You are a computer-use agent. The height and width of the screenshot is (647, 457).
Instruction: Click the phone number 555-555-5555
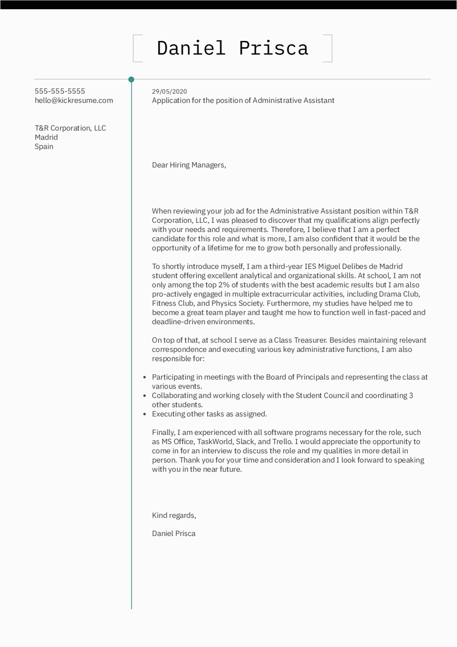[x=60, y=91]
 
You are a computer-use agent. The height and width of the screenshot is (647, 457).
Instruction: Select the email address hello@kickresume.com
[x=74, y=100]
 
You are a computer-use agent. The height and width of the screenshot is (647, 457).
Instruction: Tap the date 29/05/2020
[x=169, y=91]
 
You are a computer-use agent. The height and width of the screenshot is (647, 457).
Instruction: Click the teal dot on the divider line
[x=131, y=79]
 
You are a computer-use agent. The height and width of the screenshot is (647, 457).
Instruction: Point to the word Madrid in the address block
[x=46, y=137]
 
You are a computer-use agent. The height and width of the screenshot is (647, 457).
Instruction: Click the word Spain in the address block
[x=44, y=146]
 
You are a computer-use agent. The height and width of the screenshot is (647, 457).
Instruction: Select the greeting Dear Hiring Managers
[x=189, y=165]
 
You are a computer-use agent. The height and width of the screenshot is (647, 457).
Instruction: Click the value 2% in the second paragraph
[x=224, y=285]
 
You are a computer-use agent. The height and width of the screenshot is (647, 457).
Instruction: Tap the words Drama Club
[x=399, y=294]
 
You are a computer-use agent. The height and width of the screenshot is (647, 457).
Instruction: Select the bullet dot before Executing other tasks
[x=144, y=414]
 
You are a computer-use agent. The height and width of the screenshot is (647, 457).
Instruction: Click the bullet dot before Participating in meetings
[x=144, y=377]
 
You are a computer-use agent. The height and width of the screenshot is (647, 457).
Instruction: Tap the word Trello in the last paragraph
[x=282, y=442]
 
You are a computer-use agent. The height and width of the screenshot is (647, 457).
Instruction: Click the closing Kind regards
[x=174, y=515]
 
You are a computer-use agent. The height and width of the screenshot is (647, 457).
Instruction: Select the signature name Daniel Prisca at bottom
[x=174, y=533]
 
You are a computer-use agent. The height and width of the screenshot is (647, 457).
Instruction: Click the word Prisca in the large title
[x=273, y=48]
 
